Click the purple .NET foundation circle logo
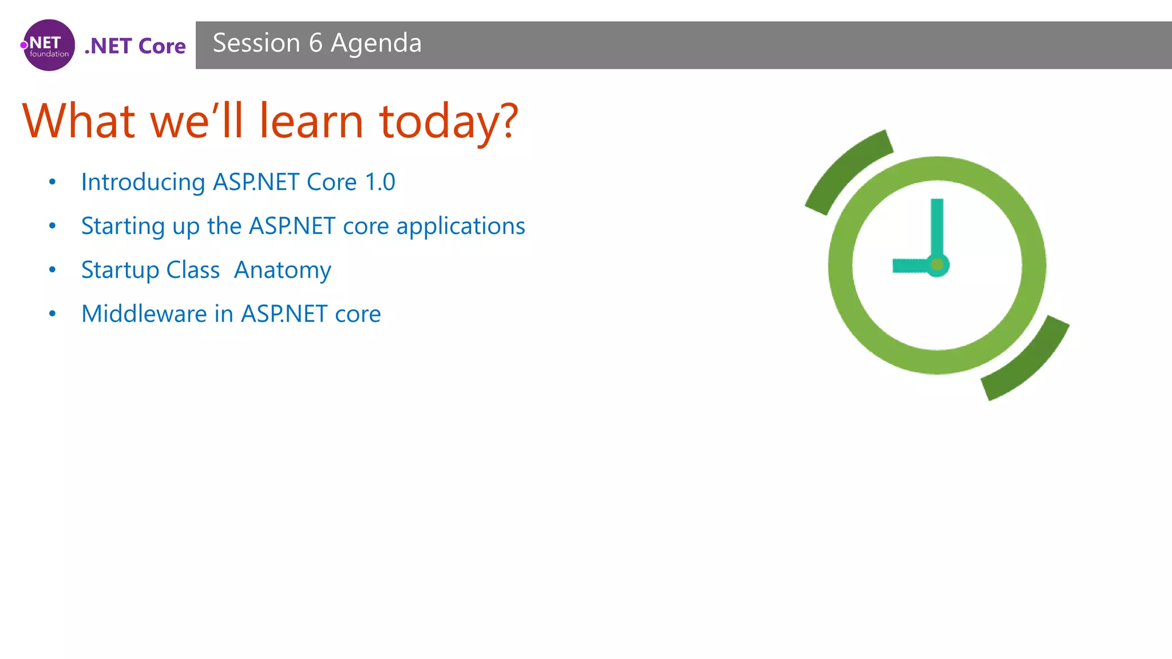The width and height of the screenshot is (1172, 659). (x=49, y=45)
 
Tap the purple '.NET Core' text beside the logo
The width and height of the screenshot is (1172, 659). (x=135, y=46)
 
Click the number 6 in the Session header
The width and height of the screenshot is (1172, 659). (x=315, y=43)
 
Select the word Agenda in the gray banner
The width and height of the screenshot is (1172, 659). (x=376, y=43)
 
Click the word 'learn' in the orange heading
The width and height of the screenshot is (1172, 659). (x=311, y=121)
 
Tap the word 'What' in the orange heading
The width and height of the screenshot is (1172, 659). (x=79, y=121)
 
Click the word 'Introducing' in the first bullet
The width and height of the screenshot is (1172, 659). (x=143, y=182)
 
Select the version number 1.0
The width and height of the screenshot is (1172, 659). (x=380, y=182)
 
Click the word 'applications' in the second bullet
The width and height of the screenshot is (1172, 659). (x=461, y=226)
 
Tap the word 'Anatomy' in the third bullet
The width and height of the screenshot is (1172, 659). (x=283, y=270)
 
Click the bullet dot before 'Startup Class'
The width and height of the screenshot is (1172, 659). (x=53, y=269)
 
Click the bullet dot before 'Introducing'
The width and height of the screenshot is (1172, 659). (x=53, y=182)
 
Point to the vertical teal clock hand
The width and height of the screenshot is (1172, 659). (x=937, y=226)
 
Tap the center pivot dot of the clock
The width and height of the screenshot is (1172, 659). (x=937, y=265)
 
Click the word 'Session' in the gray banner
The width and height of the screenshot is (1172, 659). (x=256, y=43)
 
